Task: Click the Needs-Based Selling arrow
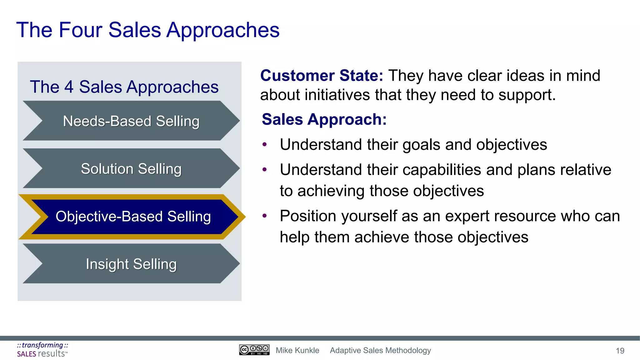pos(131,121)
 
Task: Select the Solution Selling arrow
pos(131,169)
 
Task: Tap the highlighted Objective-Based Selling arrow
pos(133,217)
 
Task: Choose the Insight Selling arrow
pos(131,264)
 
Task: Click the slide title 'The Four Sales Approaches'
pos(148,30)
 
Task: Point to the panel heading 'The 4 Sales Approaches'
pos(124,87)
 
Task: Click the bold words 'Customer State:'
pos(322,76)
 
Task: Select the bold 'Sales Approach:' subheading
pos(324,119)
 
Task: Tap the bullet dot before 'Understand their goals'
pos(265,144)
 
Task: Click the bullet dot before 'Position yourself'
pos(265,216)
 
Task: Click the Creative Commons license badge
pos(254,350)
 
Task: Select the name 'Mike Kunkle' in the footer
pos(297,350)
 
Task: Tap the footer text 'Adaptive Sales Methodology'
pos(380,350)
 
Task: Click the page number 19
pos(620,351)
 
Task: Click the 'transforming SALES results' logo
pos(42,350)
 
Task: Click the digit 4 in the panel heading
pos(69,87)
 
